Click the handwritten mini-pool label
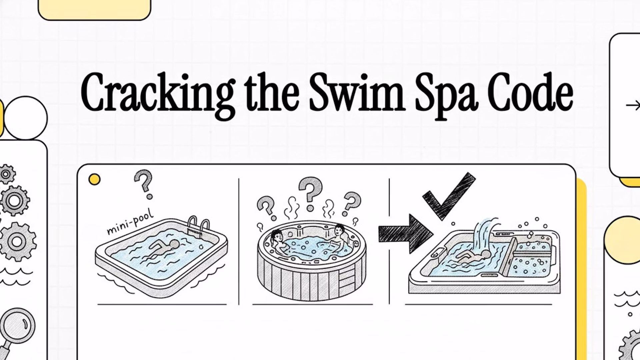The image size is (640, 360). pos(130,221)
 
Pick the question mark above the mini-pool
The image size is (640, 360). pos(144,184)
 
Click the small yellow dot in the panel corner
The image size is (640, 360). pos(94,179)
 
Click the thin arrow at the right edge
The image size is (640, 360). pos(633,106)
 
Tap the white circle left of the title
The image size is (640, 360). pos(26,118)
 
